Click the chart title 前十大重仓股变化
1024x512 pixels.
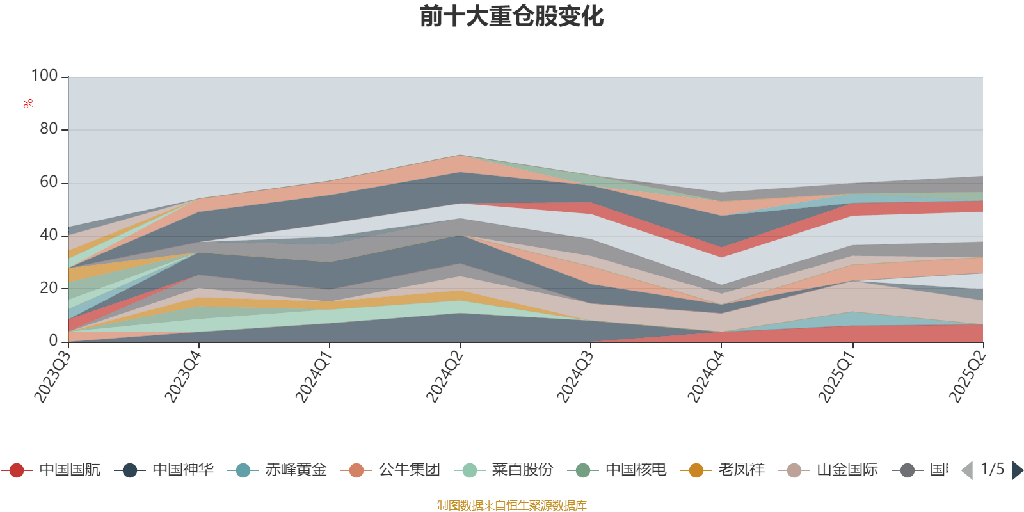tap(512, 17)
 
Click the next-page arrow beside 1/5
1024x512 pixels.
tap(1017, 470)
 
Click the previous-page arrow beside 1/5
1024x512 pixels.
tap(967, 470)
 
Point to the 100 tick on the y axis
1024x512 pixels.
tap(45, 76)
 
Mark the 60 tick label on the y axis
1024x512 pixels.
tap(49, 182)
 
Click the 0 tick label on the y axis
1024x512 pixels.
tap(54, 341)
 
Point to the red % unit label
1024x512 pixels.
tap(28, 104)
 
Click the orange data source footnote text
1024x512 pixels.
tap(511, 506)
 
